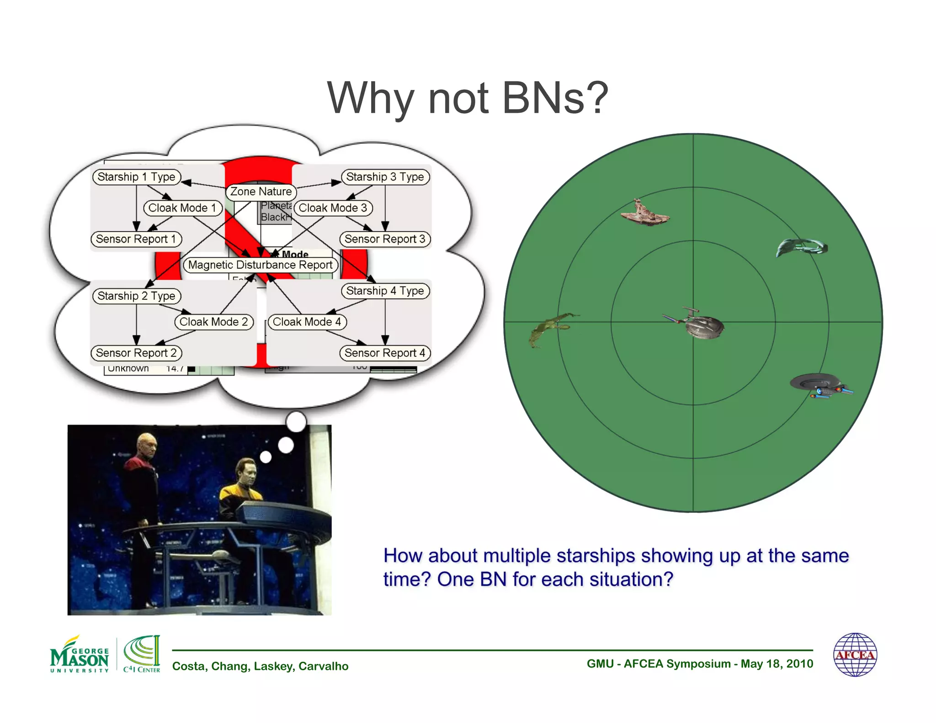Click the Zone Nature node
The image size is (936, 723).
(x=261, y=191)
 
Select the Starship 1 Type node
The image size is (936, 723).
(x=137, y=177)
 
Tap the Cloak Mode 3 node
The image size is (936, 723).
(x=333, y=208)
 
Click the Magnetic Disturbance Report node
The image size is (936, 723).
(x=261, y=265)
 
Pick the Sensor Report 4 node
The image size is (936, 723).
(x=385, y=353)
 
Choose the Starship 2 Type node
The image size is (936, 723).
(x=137, y=296)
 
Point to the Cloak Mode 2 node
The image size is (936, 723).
(x=213, y=322)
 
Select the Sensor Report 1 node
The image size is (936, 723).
(x=136, y=239)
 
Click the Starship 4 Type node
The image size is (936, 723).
(x=385, y=291)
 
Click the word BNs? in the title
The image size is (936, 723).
(x=555, y=98)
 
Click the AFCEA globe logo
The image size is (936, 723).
(x=855, y=654)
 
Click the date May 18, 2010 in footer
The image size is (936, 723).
(x=776, y=664)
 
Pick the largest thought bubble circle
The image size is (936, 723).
(x=296, y=421)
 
